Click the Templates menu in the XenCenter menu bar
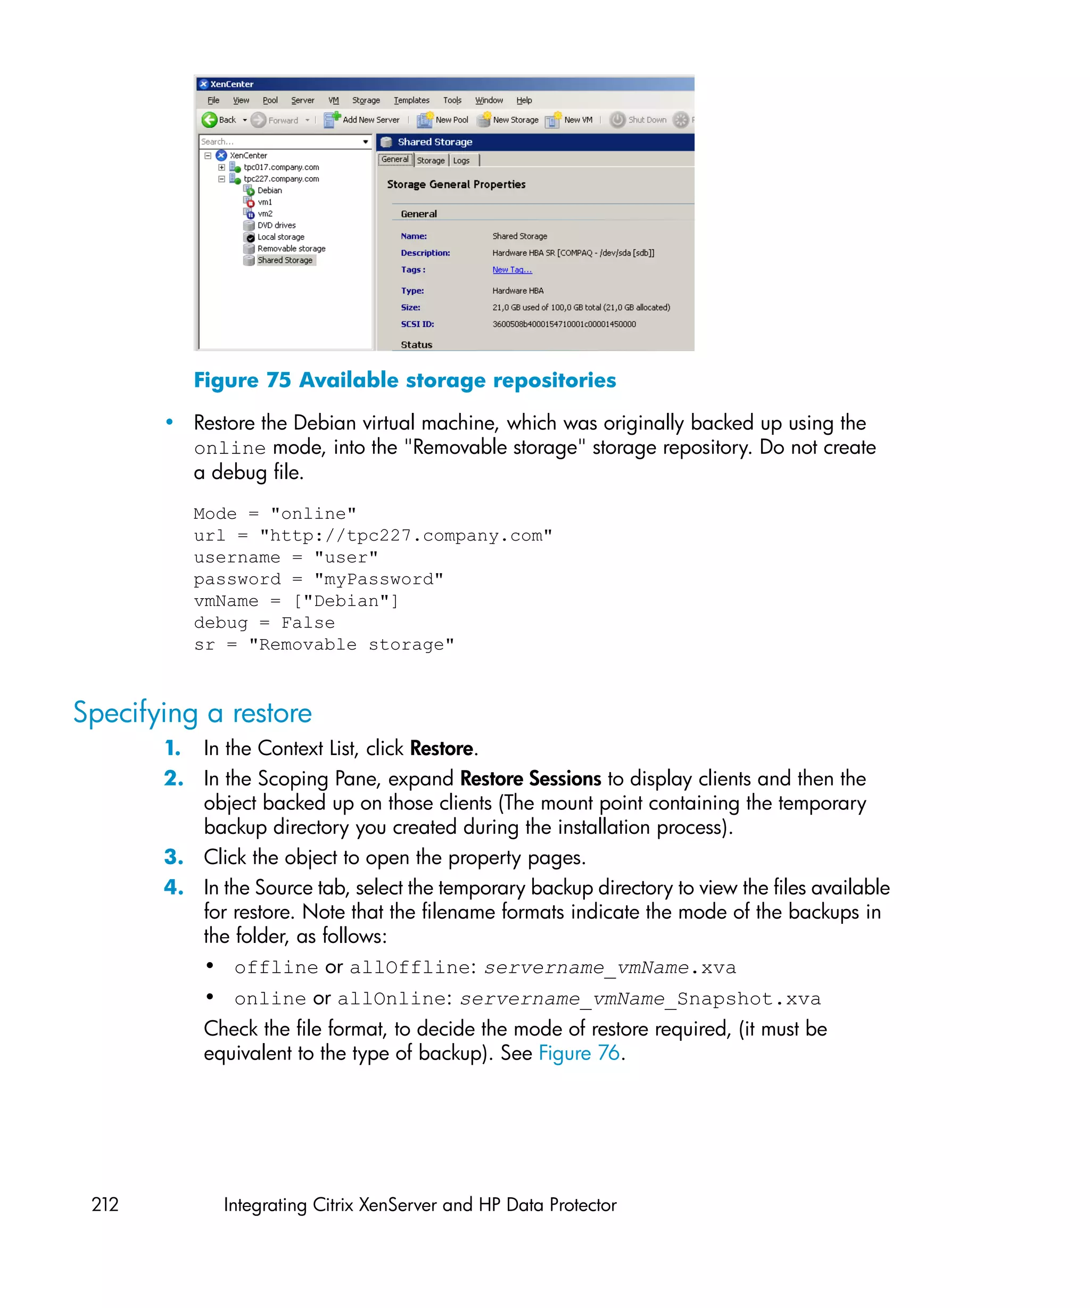[x=411, y=100]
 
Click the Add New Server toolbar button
[x=362, y=120]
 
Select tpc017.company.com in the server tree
[x=281, y=167]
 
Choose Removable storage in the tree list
[x=291, y=249]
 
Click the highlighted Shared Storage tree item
[x=285, y=260]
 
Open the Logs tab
[x=461, y=161]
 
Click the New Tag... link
[x=511, y=270]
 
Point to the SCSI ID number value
[x=564, y=324]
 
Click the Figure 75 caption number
[x=278, y=380]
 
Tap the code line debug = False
[x=264, y=623]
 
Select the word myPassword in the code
[x=379, y=580]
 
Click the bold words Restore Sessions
[x=530, y=779]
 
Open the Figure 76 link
[x=579, y=1053]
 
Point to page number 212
[x=105, y=1204]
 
